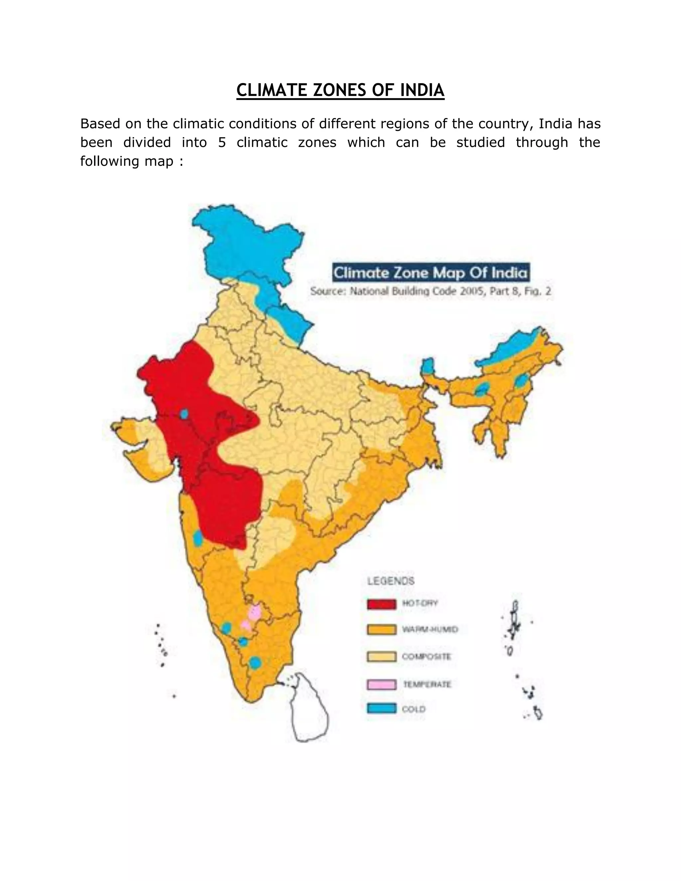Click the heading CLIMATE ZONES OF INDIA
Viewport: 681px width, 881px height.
(x=340, y=90)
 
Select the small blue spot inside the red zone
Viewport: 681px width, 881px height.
(x=184, y=414)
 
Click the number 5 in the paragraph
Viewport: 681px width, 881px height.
(x=221, y=142)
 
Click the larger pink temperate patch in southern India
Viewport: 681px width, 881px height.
(x=255, y=613)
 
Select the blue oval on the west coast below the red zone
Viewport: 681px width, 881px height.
(x=198, y=538)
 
